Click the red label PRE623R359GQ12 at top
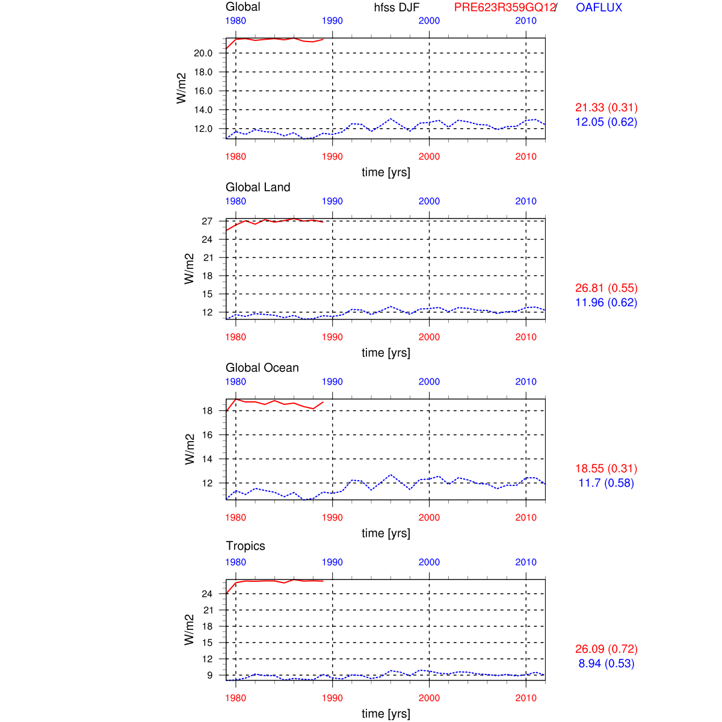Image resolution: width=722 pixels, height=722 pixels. coord(504,7)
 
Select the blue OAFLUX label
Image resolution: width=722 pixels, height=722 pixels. coord(599,7)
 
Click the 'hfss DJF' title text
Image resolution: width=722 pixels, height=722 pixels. coord(396,7)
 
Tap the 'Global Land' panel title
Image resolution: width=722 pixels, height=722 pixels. coord(258,187)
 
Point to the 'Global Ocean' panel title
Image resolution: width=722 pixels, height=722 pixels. coord(262,368)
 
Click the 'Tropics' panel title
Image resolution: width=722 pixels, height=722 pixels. coord(245,546)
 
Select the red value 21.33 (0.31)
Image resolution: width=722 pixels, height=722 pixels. coord(606,108)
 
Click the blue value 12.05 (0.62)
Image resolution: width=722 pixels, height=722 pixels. coord(606,122)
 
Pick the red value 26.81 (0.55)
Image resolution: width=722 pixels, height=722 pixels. coord(606,288)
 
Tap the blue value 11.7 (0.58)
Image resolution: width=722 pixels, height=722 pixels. coord(606,483)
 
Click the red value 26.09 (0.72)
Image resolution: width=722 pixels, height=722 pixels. coord(606,649)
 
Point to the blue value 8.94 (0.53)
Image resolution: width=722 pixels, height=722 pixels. coord(606,664)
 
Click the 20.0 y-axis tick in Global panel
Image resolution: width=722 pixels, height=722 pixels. coord(203,53)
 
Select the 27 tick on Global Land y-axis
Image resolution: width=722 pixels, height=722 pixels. coord(207,221)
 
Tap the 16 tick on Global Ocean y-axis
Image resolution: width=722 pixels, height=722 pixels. coord(207,435)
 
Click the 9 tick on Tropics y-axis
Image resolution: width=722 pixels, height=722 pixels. coord(210,675)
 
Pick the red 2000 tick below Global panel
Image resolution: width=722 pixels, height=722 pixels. coord(429,156)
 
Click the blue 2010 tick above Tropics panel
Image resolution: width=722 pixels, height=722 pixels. coord(526,562)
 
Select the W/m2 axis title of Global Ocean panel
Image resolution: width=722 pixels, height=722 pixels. coord(190,449)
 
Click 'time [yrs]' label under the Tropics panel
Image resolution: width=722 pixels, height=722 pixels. coord(386,714)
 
